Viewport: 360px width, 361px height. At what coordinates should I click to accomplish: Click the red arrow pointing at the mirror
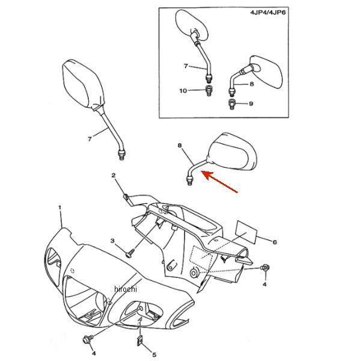click(x=221, y=182)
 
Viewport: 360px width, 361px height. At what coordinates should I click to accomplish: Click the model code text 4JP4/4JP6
click(x=268, y=12)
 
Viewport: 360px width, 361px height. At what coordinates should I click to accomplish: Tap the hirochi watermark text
click(x=126, y=289)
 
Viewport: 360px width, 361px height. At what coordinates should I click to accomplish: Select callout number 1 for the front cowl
click(x=60, y=208)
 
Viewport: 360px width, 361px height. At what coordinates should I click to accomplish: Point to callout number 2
click(x=114, y=176)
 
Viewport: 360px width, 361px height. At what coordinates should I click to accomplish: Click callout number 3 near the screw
click(x=112, y=241)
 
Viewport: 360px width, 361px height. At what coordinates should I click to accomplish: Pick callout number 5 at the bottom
click(x=154, y=354)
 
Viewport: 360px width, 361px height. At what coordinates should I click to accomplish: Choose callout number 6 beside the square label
click(x=275, y=242)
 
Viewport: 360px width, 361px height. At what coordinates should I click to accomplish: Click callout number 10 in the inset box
click(x=183, y=91)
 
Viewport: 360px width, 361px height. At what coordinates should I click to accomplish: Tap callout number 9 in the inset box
click(x=251, y=103)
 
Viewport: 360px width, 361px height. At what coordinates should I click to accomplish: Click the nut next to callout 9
click(x=231, y=104)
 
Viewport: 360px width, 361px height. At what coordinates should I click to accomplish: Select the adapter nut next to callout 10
click(x=209, y=90)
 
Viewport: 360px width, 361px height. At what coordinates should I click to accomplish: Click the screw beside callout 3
click(x=130, y=253)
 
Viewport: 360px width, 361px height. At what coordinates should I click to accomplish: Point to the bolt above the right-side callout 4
click(x=265, y=268)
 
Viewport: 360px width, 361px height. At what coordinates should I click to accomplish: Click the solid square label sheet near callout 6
click(x=246, y=232)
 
